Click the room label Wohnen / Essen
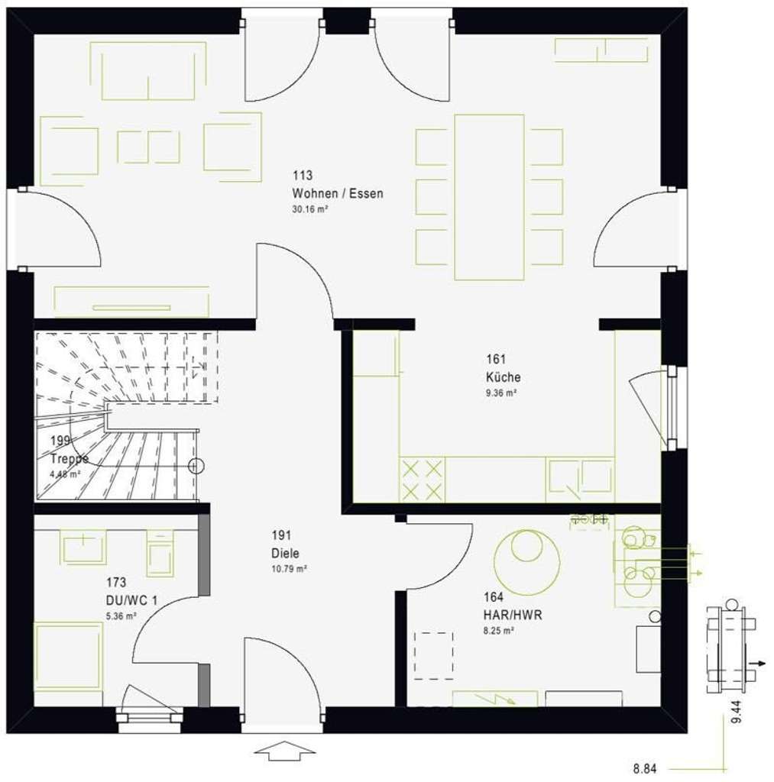pyautogui.click(x=337, y=193)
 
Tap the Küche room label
pyautogui.click(x=503, y=376)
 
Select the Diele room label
pyautogui.click(x=285, y=554)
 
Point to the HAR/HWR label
pyautogui.click(x=512, y=615)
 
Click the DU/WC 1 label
pyautogui.click(x=132, y=600)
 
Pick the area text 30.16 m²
pyautogui.click(x=309, y=209)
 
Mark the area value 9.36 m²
pyautogui.click(x=501, y=393)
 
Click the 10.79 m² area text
pyautogui.click(x=289, y=569)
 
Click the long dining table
pyautogui.click(x=489, y=197)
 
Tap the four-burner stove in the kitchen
pyautogui.click(x=422, y=480)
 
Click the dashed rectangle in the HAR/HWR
pyautogui.click(x=432, y=654)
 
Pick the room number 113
pyautogui.click(x=302, y=176)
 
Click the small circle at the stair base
pyautogui.click(x=196, y=465)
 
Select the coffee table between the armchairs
pyautogui.click(x=148, y=147)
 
